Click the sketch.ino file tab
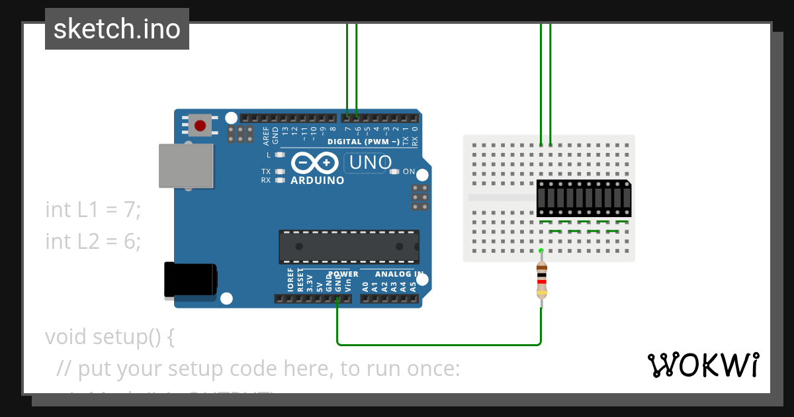pyautogui.click(x=117, y=29)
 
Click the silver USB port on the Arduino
pyautogui.click(x=186, y=166)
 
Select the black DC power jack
pyautogui.click(x=190, y=279)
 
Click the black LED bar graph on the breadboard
pyautogui.click(x=583, y=198)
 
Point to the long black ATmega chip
pyautogui.click(x=349, y=246)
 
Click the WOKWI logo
pyautogui.click(x=703, y=365)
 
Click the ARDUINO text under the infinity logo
pyautogui.click(x=318, y=180)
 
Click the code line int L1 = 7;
pyautogui.click(x=93, y=210)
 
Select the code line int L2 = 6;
pyautogui.click(x=93, y=242)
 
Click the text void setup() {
pyautogui.click(x=110, y=337)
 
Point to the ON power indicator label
pyautogui.click(x=409, y=172)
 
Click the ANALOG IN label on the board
pyautogui.click(x=399, y=274)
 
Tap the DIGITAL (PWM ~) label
pyautogui.click(x=363, y=142)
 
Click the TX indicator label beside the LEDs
pyautogui.click(x=265, y=171)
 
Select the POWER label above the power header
pyautogui.click(x=343, y=274)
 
